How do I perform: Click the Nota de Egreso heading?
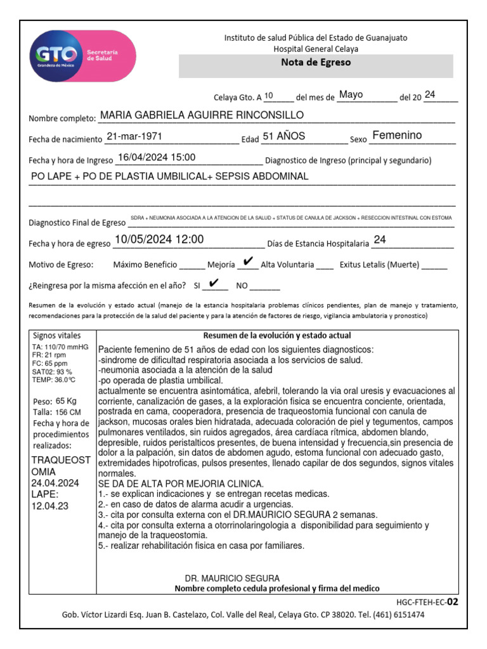[x=316, y=63]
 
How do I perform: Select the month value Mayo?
[x=351, y=95]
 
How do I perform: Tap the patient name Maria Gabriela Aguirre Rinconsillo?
[x=202, y=115]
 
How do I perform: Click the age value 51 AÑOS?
[x=283, y=136]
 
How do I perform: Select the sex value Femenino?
[x=397, y=136]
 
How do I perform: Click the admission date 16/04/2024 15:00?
[x=157, y=158]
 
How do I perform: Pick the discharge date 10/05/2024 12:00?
[x=159, y=240]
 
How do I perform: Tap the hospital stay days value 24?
[x=380, y=240]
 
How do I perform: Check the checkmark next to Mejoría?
[x=249, y=262]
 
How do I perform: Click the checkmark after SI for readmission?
[x=214, y=283]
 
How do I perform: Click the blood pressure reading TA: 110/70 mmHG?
[x=60, y=348]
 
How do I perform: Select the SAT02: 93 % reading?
[x=52, y=371]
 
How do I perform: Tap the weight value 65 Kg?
[x=65, y=401]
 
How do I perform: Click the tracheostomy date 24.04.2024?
[x=55, y=483]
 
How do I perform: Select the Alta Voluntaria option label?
[x=287, y=265]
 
